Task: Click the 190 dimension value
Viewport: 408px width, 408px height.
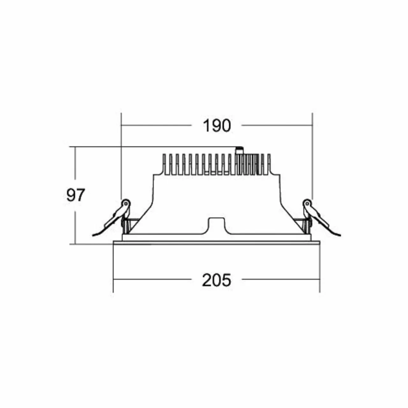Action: coord(217,126)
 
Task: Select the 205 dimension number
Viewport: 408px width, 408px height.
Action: coord(216,280)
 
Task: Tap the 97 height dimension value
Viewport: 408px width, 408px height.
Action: coord(76,195)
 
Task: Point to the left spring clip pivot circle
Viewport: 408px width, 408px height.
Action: coord(126,203)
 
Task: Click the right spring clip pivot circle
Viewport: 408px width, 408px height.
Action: coord(307,203)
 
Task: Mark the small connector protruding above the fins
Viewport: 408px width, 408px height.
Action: coord(239,150)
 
